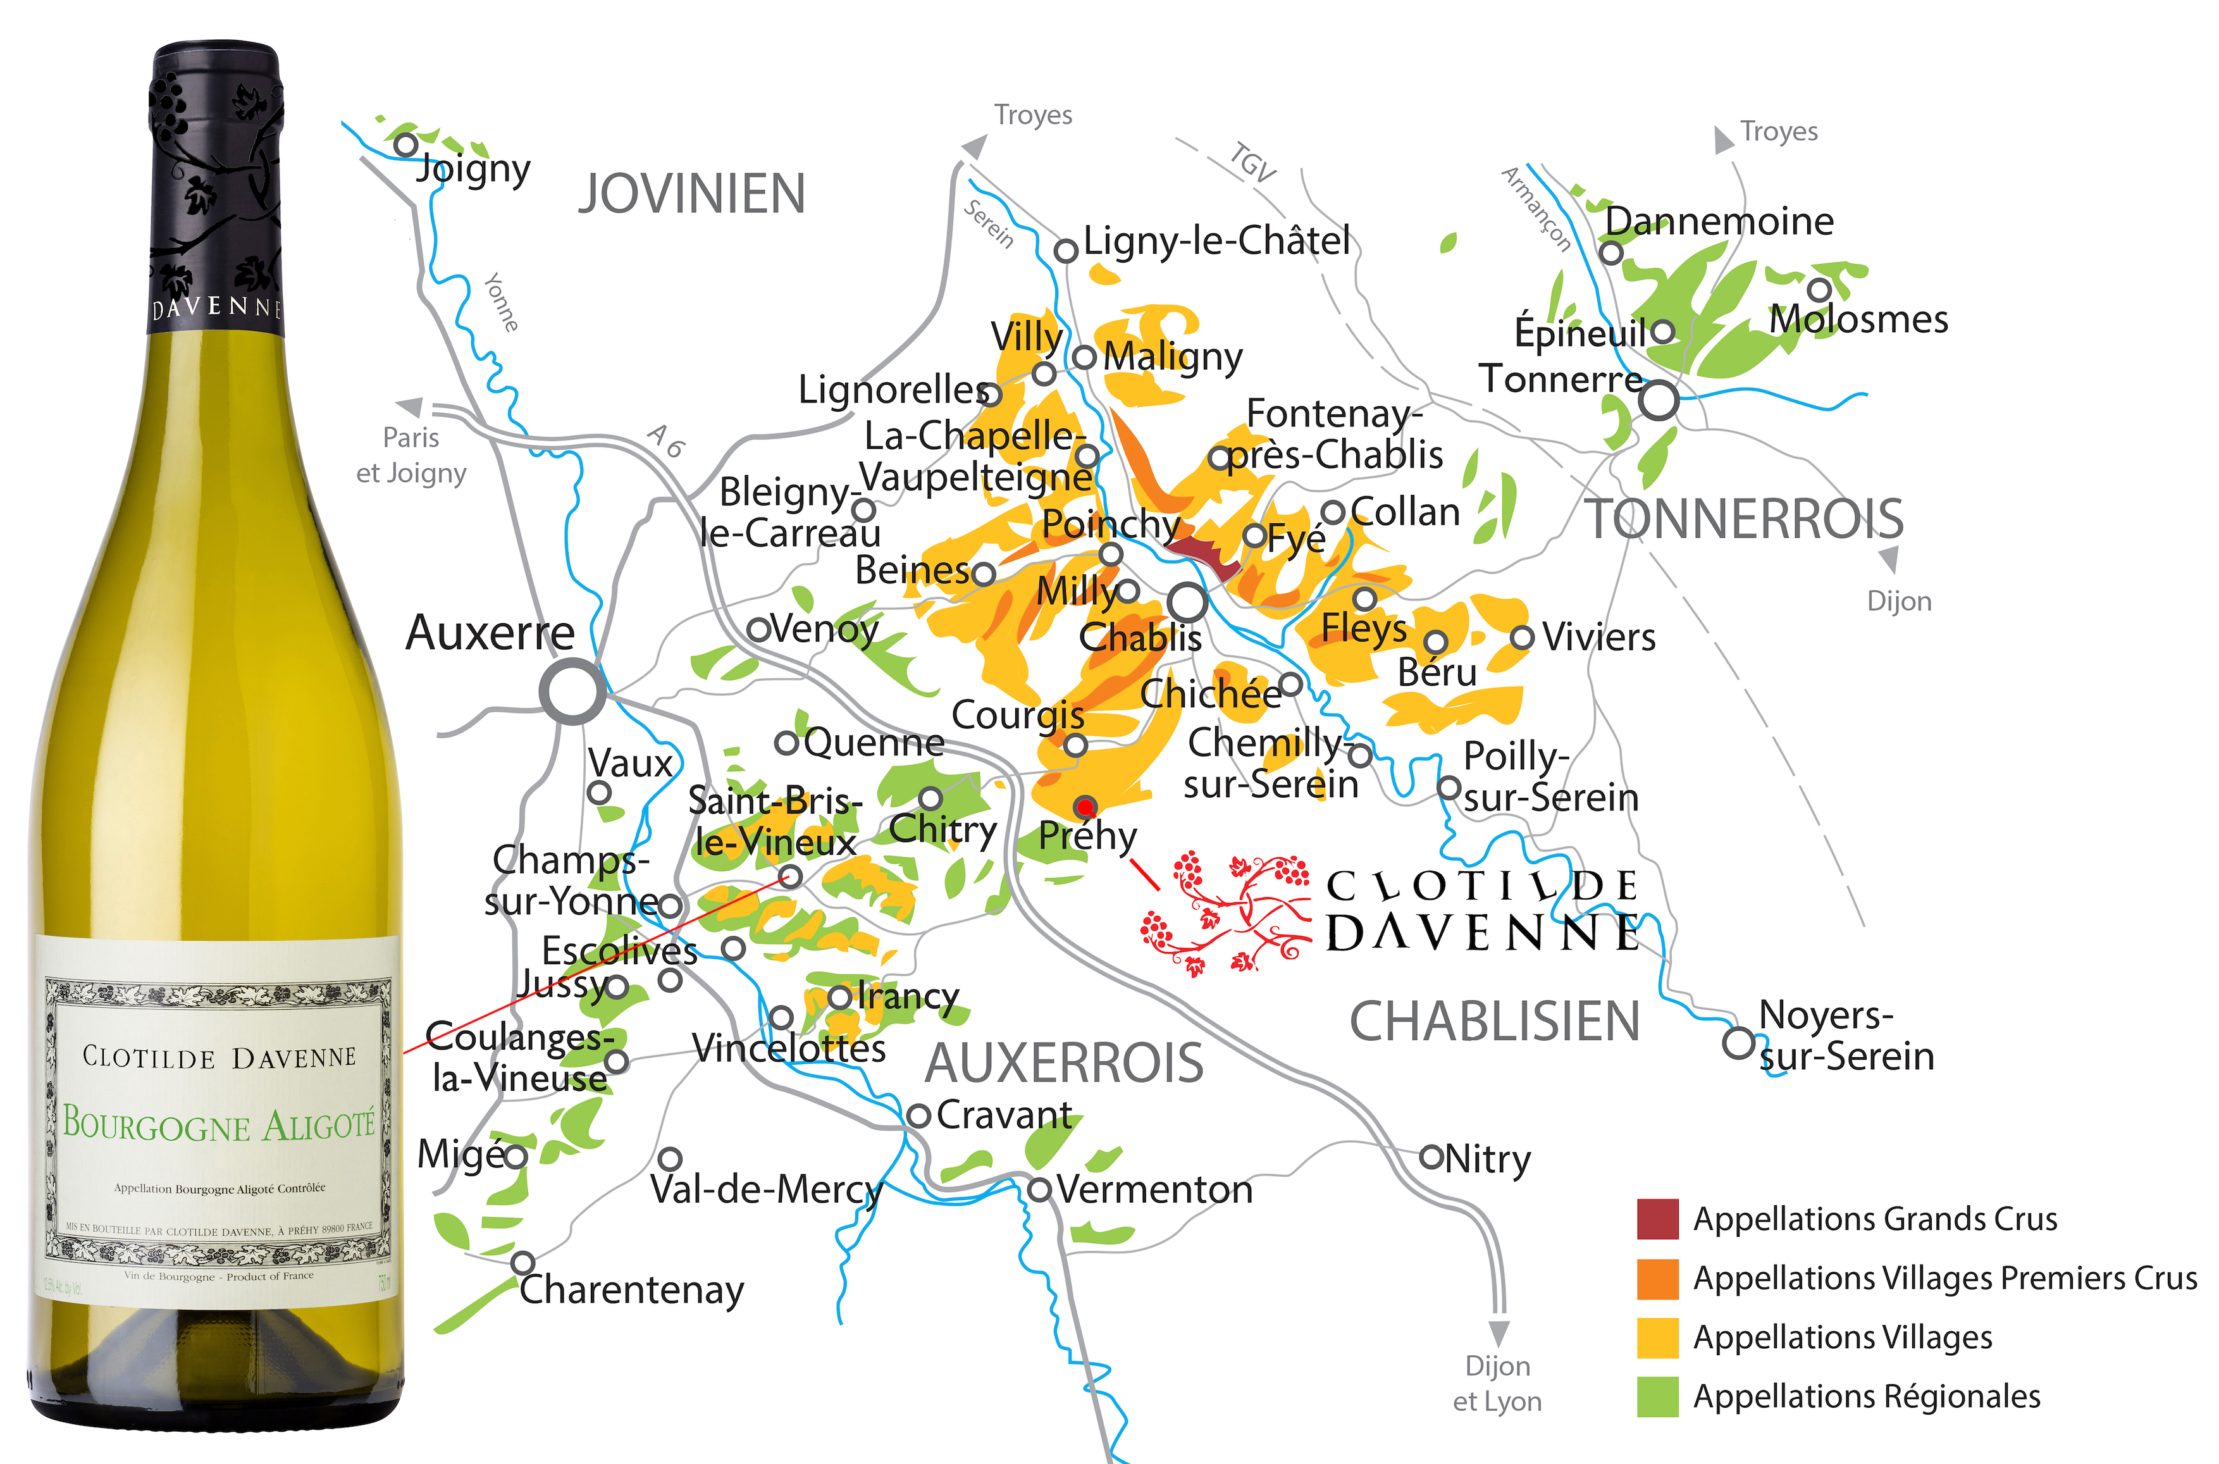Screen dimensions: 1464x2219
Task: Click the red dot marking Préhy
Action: (1085, 807)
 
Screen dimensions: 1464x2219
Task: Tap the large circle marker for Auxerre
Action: (572, 692)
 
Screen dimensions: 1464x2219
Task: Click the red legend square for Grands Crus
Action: (1657, 1219)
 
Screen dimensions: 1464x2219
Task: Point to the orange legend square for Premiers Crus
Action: (1657, 1278)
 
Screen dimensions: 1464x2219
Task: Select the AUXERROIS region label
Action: (1063, 1062)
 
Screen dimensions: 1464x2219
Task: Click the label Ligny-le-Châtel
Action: (1216, 241)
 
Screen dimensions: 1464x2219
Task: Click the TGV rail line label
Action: (1251, 163)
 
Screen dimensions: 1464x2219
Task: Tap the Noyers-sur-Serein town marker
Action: (1737, 1042)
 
